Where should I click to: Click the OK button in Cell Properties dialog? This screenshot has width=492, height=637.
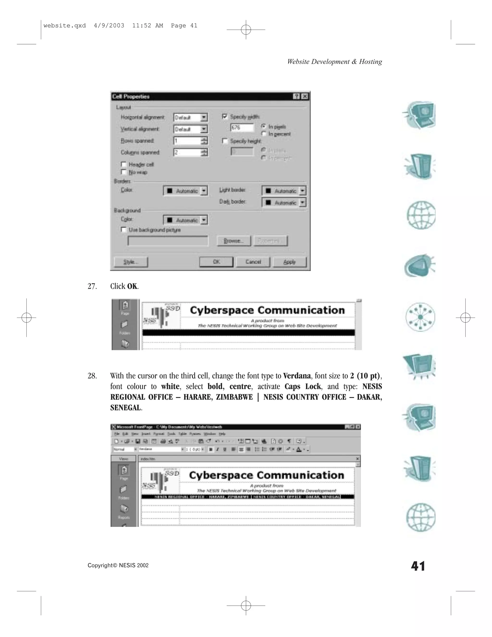tap(216, 262)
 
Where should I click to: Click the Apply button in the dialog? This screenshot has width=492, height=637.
tap(289, 262)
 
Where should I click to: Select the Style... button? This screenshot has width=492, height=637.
tap(131, 262)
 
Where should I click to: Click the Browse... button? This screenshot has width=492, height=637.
tap(234, 241)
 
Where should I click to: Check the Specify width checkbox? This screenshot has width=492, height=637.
tap(225, 116)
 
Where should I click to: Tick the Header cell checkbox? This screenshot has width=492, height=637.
tap(123, 164)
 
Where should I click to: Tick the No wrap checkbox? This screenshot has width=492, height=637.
tap(123, 172)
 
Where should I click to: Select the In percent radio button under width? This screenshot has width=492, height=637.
tap(264, 134)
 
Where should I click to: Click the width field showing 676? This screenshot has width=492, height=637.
tap(242, 127)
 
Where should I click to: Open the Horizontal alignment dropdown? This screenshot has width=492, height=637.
tap(204, 118)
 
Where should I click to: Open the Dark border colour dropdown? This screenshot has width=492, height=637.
tap(302, 202)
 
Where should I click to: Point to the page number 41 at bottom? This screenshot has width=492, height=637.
tap(418, 566)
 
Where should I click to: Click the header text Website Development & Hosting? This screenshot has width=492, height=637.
tap(334, 62)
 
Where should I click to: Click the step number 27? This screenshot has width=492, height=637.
tap(92, 287)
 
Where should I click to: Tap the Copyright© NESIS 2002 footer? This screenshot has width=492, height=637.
tap(118, 565)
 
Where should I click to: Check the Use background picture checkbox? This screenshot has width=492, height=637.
tap(123, 230)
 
